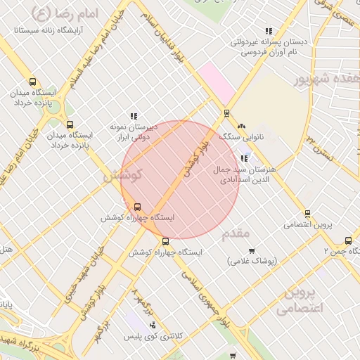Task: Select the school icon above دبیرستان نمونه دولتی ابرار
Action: [x=134, y=116]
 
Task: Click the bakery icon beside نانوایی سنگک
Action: [x=242, y=126]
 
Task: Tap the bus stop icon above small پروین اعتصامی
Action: [x=307, y=214]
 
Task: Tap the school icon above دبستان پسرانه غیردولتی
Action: [x=269, y=31]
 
